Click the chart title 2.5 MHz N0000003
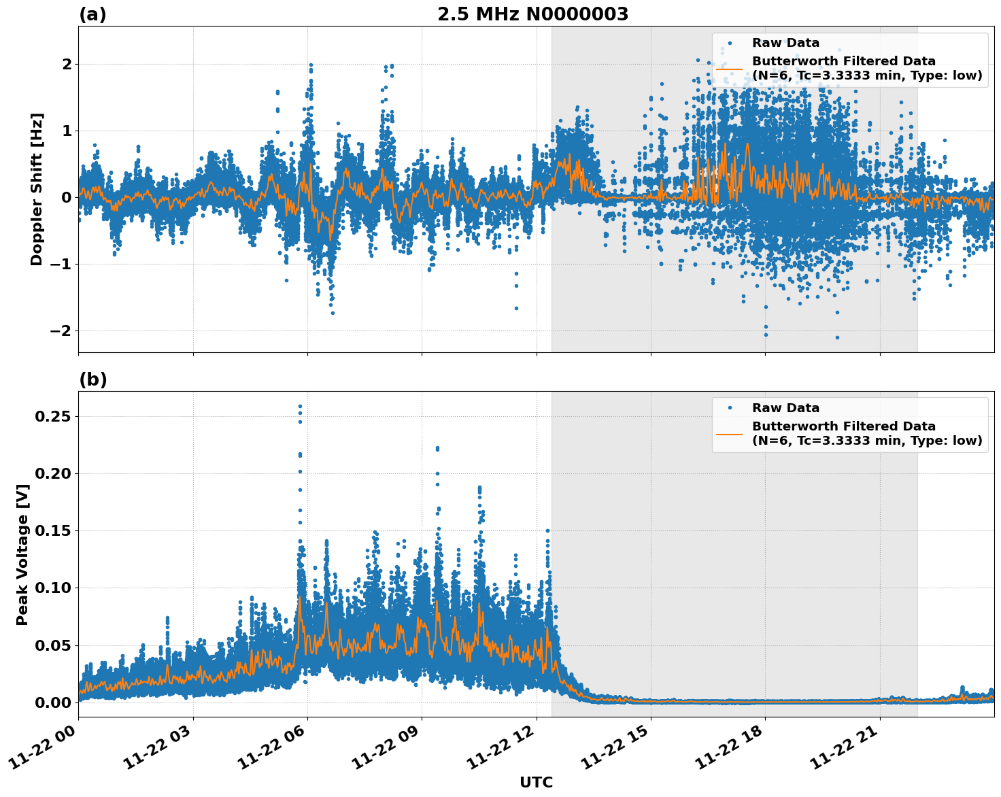[532, 14]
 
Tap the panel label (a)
[92, 14]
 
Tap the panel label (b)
[92, 379]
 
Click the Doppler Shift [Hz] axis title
[37, 189]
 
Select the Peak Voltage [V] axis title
[22, 554]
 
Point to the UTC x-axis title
[536, 782]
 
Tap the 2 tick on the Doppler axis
[67, 64]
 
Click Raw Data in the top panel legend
[785, 43]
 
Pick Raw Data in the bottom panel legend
[785, 408]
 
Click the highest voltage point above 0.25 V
[300, 407]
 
